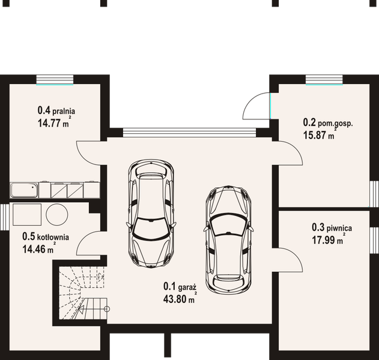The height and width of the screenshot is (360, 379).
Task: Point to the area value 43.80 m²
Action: (180, 298)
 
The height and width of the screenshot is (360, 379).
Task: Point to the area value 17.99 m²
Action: (329, 239)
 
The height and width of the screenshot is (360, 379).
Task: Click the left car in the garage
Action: (151, 214)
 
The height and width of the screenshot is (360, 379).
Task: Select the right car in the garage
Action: (228, 240)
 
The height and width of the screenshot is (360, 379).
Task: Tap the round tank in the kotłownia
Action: (57, 215)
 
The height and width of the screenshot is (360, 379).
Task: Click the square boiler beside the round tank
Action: (27, 215)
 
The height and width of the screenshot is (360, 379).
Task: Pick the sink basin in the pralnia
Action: (24, 190)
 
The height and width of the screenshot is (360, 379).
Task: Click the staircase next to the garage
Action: (83, 293)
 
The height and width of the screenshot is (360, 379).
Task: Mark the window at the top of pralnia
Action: (55, 79)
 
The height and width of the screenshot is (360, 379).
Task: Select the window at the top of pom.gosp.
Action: (324, 79)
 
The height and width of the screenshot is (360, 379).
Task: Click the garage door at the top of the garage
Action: (190, 133)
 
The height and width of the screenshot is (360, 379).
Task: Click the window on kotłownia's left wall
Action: (5, 217)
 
